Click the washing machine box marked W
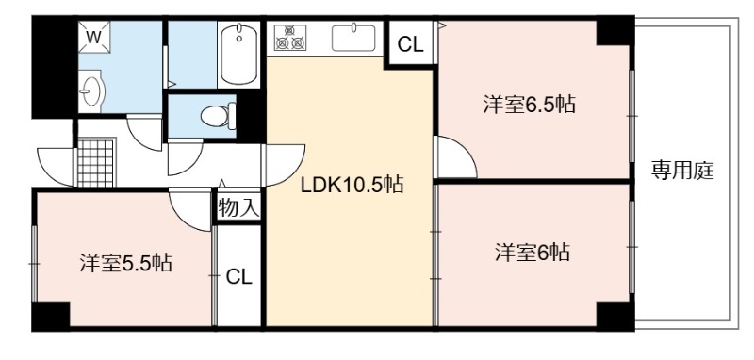tap(94, 37)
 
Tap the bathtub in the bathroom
tap(239, 55)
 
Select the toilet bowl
tap(218, 116)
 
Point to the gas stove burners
tap(290, 37)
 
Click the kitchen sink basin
tap(353, 38)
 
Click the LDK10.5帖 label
tap(352, 185)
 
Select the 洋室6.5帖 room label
tap(529, 104)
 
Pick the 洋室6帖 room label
tap(533, 252)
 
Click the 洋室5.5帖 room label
tap(126, 263)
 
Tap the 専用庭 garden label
tap(682, 171)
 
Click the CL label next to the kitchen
tap(410, 44)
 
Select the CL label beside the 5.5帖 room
tap(239, 277)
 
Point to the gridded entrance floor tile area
tap(96, 162)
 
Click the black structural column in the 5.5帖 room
tap(51, 316)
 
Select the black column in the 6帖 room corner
tap(615, 316)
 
